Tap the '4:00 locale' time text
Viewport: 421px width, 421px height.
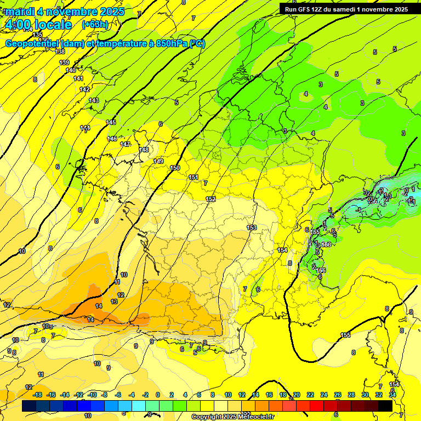(38, 25)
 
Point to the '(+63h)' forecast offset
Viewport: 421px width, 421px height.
(95, 24)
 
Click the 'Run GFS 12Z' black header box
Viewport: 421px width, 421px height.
(345, 9)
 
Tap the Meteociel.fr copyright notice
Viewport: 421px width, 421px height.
(232, 417)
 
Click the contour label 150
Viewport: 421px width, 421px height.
(175, 168)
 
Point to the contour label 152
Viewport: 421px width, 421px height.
(210, 199)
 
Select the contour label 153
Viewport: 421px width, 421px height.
(252, 227)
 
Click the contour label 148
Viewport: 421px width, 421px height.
(144, 150)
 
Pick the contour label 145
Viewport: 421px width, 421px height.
(111, 122)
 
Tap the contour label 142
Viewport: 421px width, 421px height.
(84, 89)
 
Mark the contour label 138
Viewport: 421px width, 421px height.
(60, 52)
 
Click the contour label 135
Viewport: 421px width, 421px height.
(37, 35)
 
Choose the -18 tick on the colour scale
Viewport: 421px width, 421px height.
(37, 395)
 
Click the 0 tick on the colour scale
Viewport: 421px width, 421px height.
(158, 395)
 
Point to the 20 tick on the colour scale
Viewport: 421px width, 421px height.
(297, 395)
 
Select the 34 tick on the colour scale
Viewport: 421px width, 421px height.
(392, 395)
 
